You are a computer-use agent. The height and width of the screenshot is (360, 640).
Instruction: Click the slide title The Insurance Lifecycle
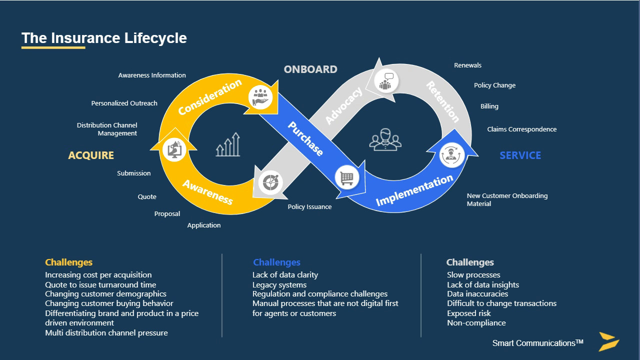(x=104, y=38)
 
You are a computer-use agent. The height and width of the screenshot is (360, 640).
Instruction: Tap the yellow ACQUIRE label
(x=91, y=155)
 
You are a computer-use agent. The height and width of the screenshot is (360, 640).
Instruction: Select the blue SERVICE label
(x=520, y=155)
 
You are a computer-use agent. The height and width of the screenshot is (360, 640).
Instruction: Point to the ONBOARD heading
(x=310, y=69)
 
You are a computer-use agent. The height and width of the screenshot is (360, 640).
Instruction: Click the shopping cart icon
(x=346, y=177)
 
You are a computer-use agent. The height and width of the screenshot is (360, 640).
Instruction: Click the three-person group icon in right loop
(x=385, y=139)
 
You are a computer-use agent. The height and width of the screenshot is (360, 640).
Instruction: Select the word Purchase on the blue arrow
(x=305, y=138)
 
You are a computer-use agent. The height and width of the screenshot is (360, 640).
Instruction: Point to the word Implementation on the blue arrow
(x=414, y=190)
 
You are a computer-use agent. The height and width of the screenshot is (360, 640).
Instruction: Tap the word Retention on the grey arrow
(x=442, y=102)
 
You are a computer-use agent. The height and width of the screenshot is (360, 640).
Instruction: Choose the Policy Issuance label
(x=309, y=207)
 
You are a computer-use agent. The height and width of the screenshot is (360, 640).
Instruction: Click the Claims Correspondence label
(x=521, y=129)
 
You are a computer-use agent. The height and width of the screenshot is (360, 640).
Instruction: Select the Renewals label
(x=467, y=65)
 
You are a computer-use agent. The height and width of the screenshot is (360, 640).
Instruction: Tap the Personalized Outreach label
(x=124, y=103)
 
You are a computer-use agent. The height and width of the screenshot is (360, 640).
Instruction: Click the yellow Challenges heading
(x=68, y=262)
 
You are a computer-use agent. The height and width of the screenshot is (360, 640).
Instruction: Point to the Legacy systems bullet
(x=279, y=284)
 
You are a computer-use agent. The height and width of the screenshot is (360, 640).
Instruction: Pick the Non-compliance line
(x=476, y=323)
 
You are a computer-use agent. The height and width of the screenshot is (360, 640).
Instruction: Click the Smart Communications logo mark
(x=609, y=341)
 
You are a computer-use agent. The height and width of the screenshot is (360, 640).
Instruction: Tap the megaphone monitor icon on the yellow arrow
(x=174, y=149)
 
